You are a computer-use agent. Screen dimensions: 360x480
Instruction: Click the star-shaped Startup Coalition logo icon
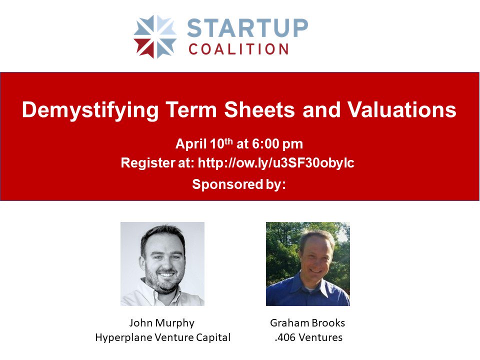(x=155, y=36)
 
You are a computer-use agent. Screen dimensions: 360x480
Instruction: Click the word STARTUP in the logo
(x=248, y=28)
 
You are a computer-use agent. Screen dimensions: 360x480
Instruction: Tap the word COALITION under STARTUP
(x=238, y=49)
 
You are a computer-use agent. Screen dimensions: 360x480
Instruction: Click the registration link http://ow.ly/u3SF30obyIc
(x=276, y=163)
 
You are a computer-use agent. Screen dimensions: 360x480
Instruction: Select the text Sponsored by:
(x=239, y=184)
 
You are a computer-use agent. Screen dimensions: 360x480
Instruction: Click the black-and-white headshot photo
(x=162, y=263)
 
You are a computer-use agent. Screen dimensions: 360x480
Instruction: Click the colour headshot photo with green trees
(x=307, y=263)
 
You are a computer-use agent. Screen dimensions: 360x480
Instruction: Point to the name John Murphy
(x=162, y=323)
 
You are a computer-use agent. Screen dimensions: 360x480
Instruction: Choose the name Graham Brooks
(x=307, y=323)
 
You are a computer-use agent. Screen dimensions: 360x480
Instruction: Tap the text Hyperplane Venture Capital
(x=162, y=337)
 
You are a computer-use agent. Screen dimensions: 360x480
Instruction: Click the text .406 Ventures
(x=308, y=337)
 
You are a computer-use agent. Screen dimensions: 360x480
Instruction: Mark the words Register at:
(x=157, y=163)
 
